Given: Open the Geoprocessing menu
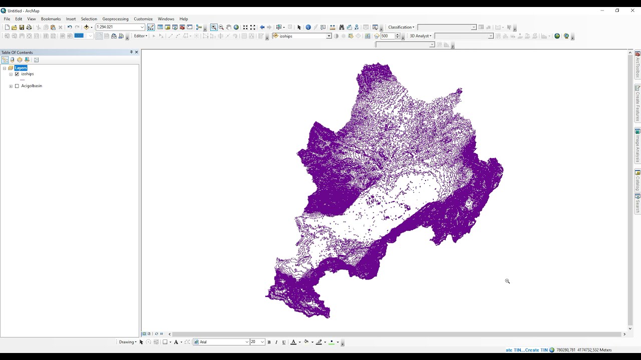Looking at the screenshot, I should tap(115, 19).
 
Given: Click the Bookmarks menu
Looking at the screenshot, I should tap(51, 19).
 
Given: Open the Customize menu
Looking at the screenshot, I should tap(143, 19).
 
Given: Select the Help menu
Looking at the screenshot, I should tap(184, 19).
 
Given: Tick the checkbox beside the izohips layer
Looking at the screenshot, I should tap(17, 74).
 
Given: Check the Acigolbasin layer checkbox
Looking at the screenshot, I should tap(17, 86).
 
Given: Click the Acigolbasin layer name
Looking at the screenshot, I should tap(32, 86).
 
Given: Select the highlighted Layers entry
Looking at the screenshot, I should tap(21, 68).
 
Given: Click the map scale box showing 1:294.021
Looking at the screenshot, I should tap(118, 27).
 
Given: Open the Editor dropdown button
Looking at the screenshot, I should tap(140, 36).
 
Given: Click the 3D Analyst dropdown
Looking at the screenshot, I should tap(420, 36).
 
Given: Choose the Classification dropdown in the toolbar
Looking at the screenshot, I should tap(401, 27).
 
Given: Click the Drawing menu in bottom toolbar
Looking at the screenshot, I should tap(127, 342).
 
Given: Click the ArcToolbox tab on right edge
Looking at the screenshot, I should tap(637, 65).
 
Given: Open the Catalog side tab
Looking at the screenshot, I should tap(637, 181).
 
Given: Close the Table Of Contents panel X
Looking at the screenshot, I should tap(136, 52).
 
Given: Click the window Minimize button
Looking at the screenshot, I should tap(602, 10).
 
